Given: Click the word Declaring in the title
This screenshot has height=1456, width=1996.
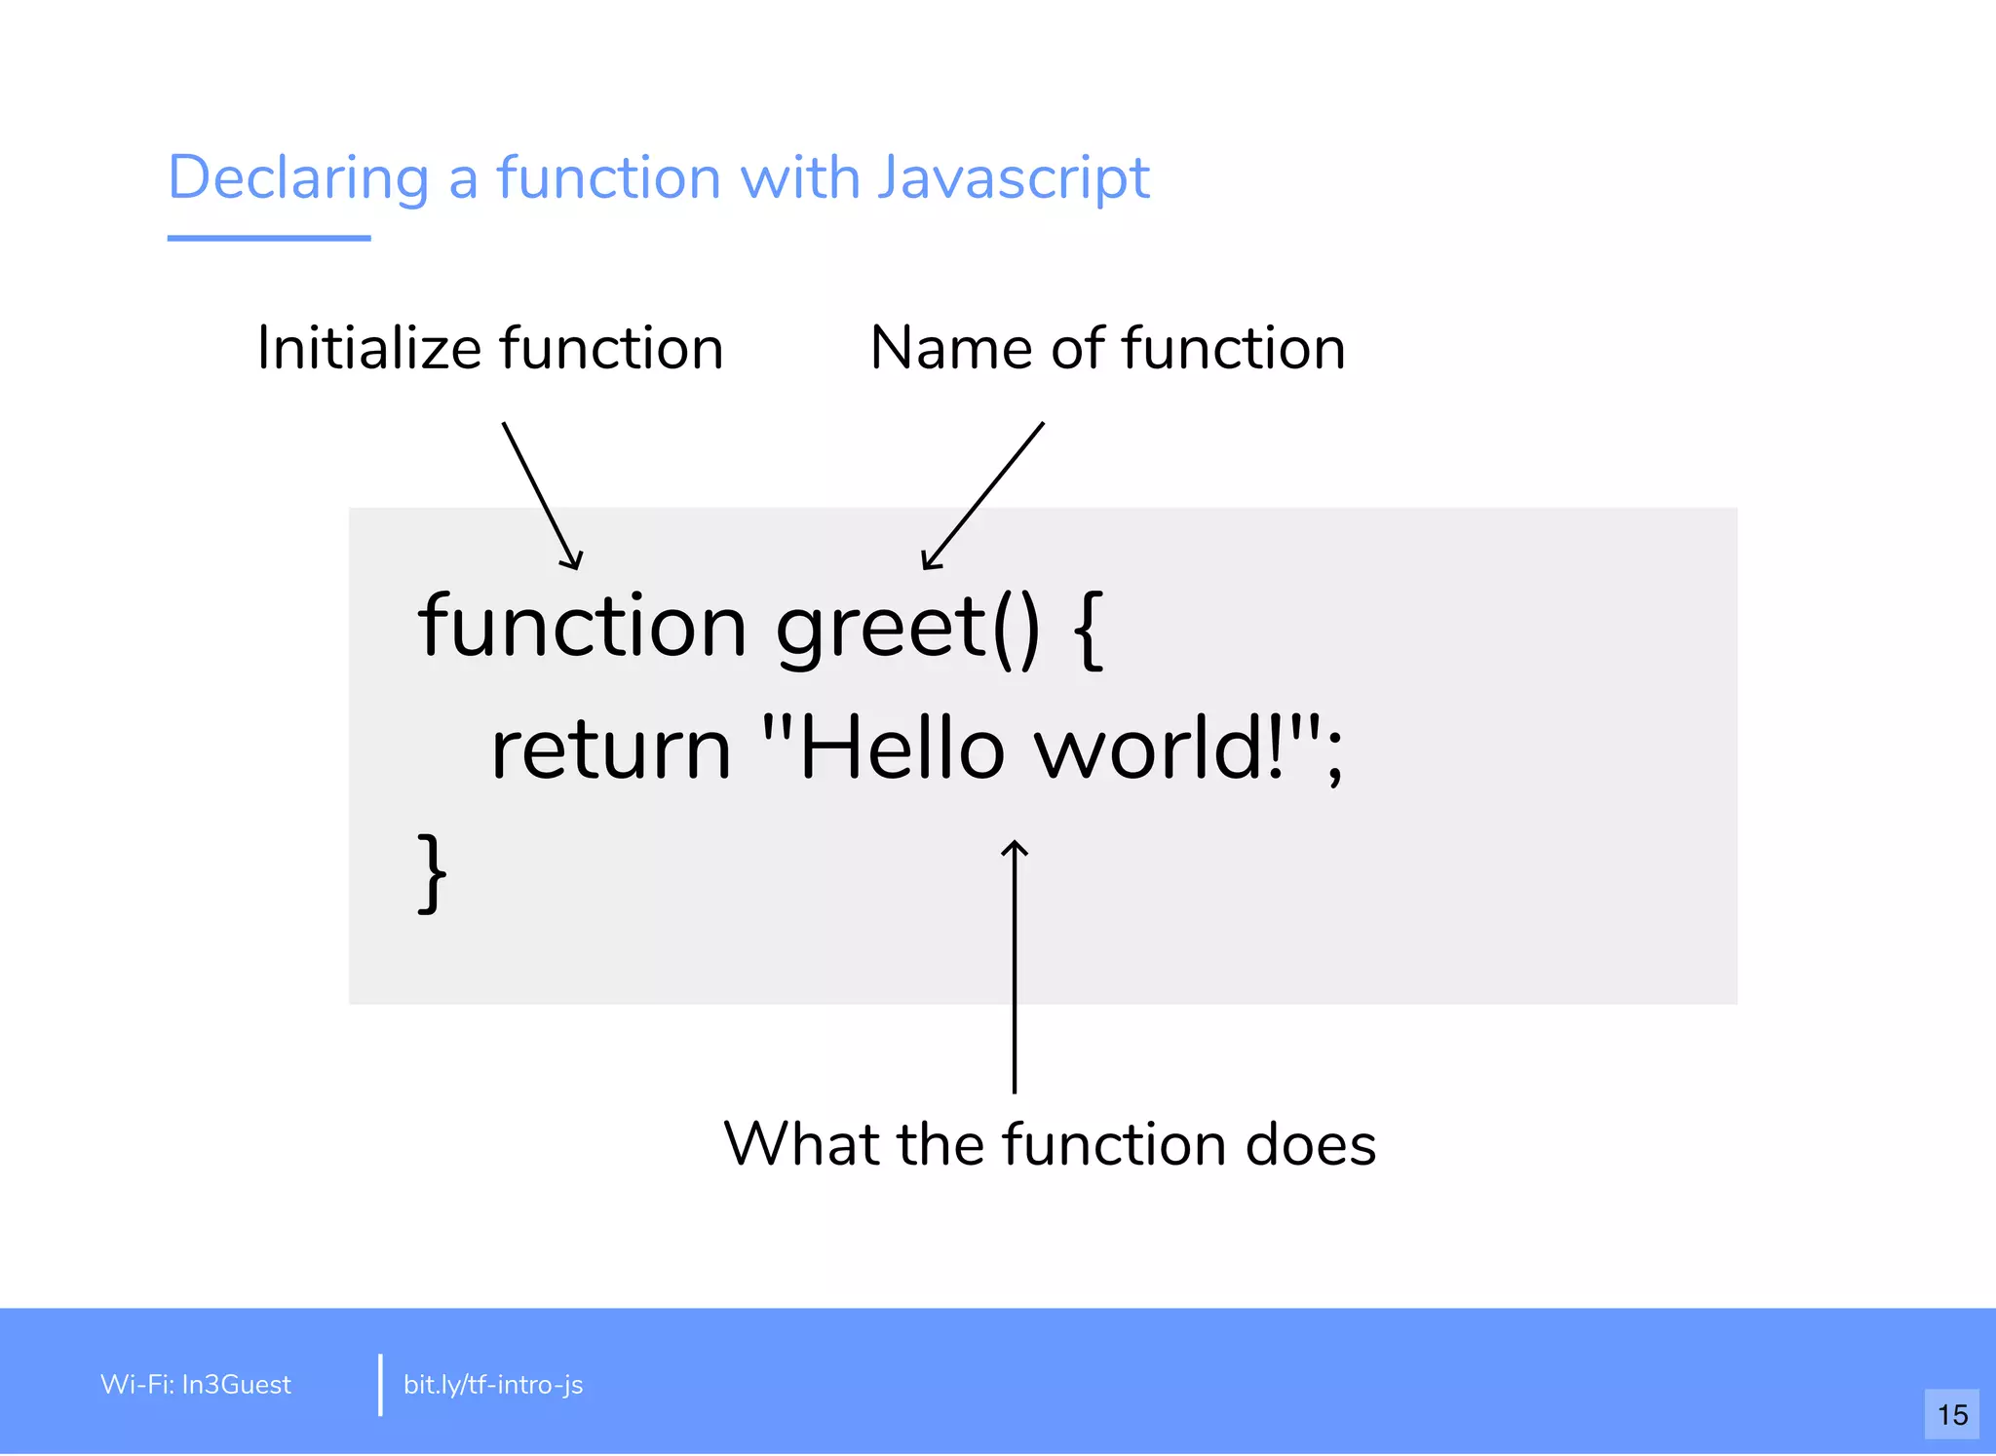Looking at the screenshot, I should pyautogui.click(x=298, y=178).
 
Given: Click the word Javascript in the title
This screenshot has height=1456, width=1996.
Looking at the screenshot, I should pyautogui.click(x=1013, y=178).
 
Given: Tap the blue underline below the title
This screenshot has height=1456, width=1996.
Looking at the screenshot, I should pyautogui.click(x=269, y=238).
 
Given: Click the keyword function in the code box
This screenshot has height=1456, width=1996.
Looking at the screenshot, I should pyautogui.click(x=582, y=627).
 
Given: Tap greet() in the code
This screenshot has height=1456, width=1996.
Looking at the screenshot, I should pyautogui.click(x=907, y=629).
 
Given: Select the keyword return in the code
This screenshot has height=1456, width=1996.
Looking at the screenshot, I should pyautogui.click(x=610, y=750).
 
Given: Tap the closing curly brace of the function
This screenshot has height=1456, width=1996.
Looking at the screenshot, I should pyautogui.click(x=432, y=872).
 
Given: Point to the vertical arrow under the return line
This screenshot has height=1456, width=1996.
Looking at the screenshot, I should pyautogui.click(x=1015, y=965).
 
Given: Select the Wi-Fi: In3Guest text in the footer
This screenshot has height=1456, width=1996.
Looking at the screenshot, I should pyautogui.click(x=196, y=1385).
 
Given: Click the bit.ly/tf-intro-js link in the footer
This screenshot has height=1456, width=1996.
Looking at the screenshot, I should pyautogui.click(x=493, y=1385).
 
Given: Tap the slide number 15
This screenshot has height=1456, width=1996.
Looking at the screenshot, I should pyautogui.click(x=1951, y=1414).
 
